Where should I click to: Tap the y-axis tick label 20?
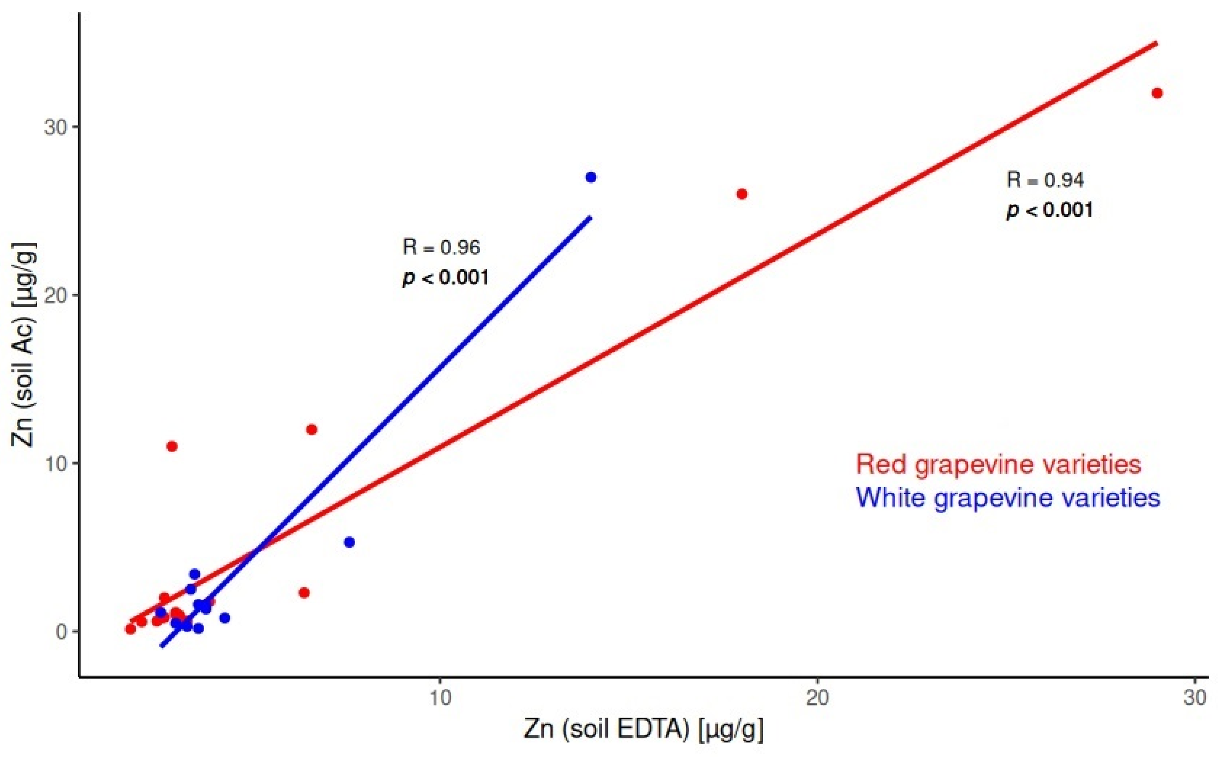pyautogui.click(x=55, y=295)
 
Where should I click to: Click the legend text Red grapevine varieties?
pyautogui.click(x=998, y=464)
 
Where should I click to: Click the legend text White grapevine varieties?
pyautogui.click(x=1008, y=498)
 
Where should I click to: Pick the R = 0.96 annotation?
pyautogui.click(x=441, y=247)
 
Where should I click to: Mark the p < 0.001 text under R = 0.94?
pyautogui.click(x=1049, y=210)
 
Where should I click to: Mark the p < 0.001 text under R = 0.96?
pyautogui.click(x=445, y=277)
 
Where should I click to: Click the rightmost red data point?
pyautogui.click(x=1157, y=93)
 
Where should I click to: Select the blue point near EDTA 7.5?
pyautogui.click(x=350, y=542)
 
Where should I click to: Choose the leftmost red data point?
pyautogui.click(x=131, y=629)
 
